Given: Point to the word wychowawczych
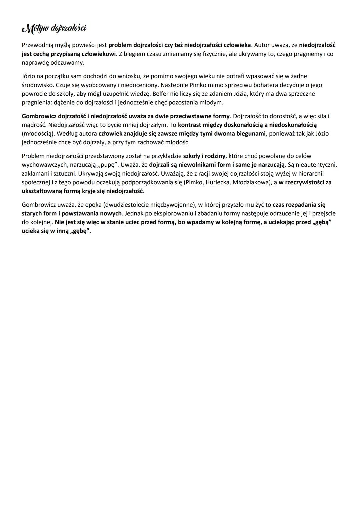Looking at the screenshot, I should coord(44,165).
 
